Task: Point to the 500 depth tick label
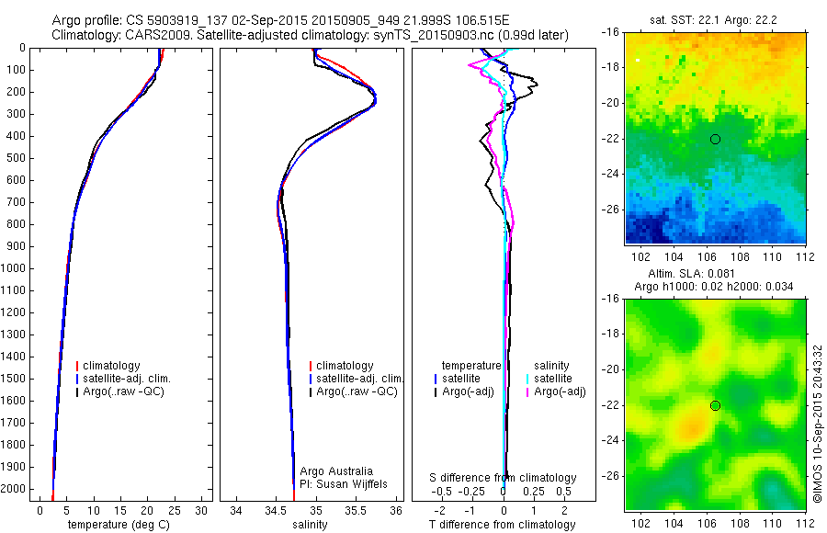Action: click(14, 158)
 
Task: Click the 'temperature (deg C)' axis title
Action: click(119, 525)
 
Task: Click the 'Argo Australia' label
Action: click(338, 471)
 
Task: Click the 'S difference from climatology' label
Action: click(504, 478)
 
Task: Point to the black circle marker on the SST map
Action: click(715, 139)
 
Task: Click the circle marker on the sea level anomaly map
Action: click(715, 405)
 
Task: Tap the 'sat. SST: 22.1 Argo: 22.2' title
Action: click(715, 19)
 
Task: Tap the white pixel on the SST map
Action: click(637, 60)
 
